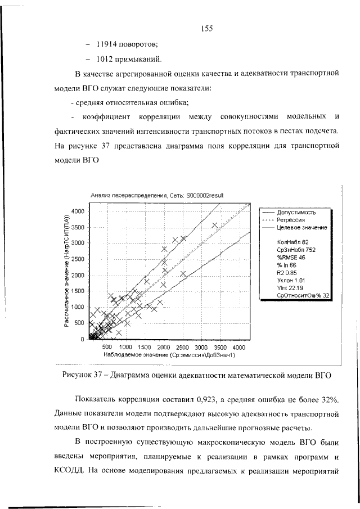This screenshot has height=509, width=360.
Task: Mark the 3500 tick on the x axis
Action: pyautogui.click(x=220, y=347)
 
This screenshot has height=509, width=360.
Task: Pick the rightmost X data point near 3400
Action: pyautogui.click(x=214, y=225)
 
